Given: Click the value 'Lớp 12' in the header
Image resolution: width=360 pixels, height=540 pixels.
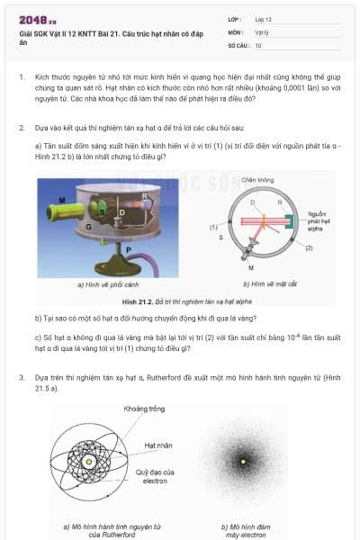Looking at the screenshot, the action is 265,19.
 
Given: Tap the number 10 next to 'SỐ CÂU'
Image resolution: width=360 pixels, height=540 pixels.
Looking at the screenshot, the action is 258,44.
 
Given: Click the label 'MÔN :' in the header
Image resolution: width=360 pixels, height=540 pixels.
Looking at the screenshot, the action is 236,31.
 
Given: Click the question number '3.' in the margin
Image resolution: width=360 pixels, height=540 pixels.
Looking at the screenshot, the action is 22,378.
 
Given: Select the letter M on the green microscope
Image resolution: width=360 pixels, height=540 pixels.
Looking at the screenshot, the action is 61,199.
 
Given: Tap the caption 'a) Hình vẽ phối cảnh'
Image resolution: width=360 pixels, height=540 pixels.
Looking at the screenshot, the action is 106,283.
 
